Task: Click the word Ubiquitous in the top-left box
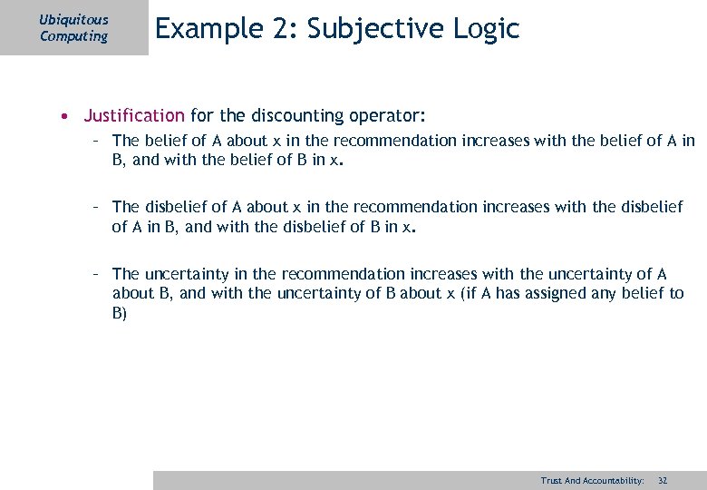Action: tap(74, 19)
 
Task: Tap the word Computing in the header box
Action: tap(73, 36)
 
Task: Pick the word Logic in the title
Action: tap(489, 29)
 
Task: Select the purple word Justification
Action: tap(134, 116)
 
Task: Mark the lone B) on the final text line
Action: tap(120, 313)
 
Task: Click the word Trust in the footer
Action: tap(551, 480)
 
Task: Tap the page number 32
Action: tap(663, 480)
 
